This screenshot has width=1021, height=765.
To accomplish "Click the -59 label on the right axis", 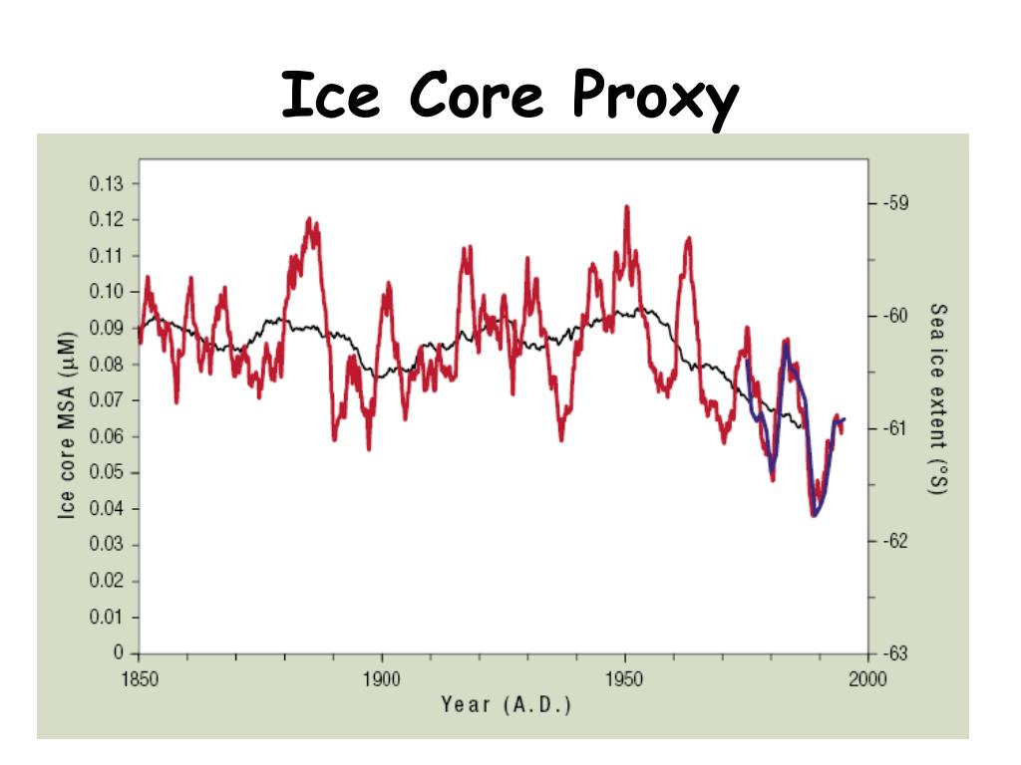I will click(894, 203).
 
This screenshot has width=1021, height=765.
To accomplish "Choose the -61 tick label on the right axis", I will click(894, 428).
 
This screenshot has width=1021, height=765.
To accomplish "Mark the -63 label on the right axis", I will click(894, 653).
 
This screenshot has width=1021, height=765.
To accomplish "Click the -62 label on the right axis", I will click(894, 541).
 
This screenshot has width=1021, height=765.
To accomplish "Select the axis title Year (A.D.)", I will click(506, 706).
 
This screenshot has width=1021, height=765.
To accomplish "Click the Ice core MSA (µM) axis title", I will click(67, 422).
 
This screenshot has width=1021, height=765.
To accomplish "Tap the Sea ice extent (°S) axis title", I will click(937, 399).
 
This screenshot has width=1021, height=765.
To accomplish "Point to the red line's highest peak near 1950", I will click(626, 207).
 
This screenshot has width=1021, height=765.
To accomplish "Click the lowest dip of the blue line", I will click(815, 515).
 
